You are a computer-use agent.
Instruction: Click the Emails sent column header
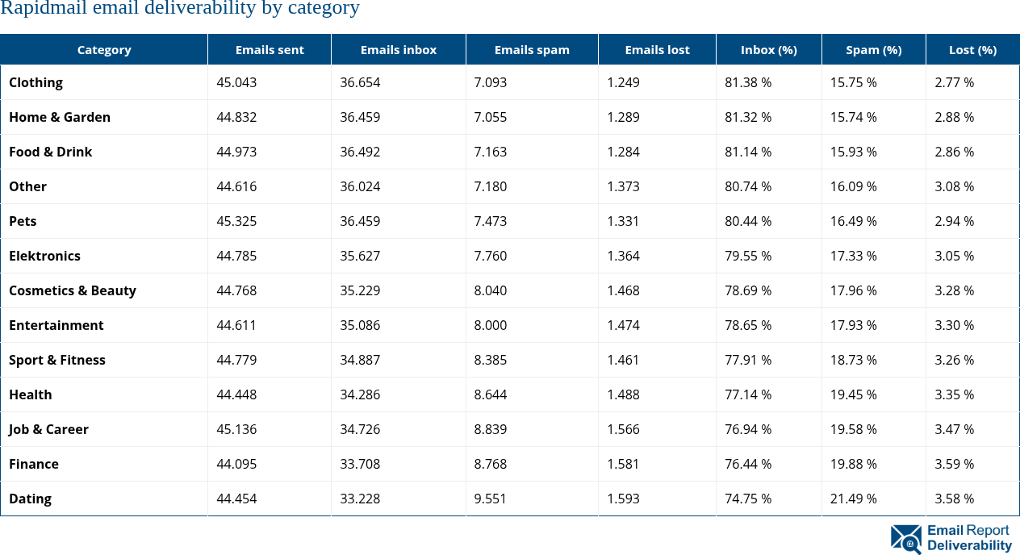pos(270,50)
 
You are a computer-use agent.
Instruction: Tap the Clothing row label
pos(36,82)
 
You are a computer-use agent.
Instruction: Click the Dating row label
pos(30,499)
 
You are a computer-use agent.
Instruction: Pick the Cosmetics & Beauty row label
pos(73,290)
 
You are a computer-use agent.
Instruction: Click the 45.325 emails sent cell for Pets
pos(236,221)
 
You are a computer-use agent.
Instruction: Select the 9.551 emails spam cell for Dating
pos(491,499)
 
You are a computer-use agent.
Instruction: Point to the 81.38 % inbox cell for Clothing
pos(748,82)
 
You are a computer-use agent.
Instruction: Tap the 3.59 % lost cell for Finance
pos(954,464)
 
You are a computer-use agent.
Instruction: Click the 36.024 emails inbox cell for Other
pos(360,186)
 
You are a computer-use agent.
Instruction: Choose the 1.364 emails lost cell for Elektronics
pos(623,256)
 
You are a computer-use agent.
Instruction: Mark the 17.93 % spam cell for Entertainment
pos(853,325)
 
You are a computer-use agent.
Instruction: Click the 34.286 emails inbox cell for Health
pos(360,394)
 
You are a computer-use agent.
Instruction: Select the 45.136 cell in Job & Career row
pos(236,429)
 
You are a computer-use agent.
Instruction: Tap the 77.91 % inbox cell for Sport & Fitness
pos(748,360)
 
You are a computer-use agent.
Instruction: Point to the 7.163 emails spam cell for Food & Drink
pos(491,152)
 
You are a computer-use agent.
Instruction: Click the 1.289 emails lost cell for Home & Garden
pos(623,117)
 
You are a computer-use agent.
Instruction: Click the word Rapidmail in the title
pos(36,9)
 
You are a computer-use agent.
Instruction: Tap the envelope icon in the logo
pos(905,539)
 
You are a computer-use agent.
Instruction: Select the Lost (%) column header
pos(972,50)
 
